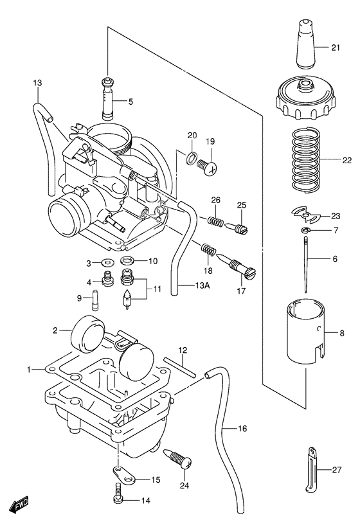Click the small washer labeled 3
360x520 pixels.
pyautogui.click(x=107, y=262)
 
